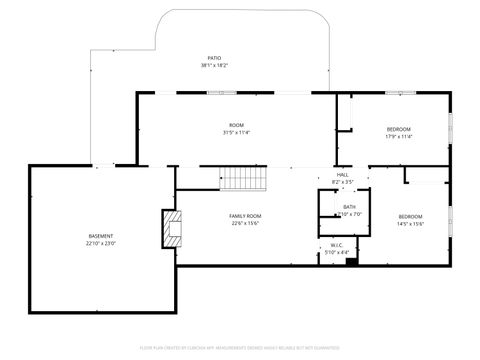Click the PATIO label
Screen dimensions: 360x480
click(214, 58)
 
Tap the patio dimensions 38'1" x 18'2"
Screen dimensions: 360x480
click(214, 66)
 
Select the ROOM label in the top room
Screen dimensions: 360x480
click(236, 125)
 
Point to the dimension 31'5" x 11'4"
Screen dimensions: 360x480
click(236, 133)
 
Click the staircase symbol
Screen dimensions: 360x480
click(245, 179)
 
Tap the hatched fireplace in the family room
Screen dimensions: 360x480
click(173, 229)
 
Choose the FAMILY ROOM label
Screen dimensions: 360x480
click(245, 216)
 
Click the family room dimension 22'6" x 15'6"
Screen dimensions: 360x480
click(245, 224)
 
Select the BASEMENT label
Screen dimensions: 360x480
click(101, 236)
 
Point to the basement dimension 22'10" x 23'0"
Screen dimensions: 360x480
click(101, 244)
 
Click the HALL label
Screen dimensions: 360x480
click(342, 174)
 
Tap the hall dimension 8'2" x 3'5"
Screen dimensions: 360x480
click(342, 182)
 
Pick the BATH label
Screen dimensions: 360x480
click(349, 206)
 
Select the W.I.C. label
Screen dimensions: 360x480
click(337, 244)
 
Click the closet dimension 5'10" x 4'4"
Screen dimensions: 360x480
click(337, 252)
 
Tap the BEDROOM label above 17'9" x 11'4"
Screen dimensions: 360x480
click(398, 130)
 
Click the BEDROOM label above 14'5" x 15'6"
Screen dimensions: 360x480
click(411, 216)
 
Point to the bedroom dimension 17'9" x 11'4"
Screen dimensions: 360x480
click(398, 138)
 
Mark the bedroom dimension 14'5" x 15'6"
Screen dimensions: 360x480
click(411, 224)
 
